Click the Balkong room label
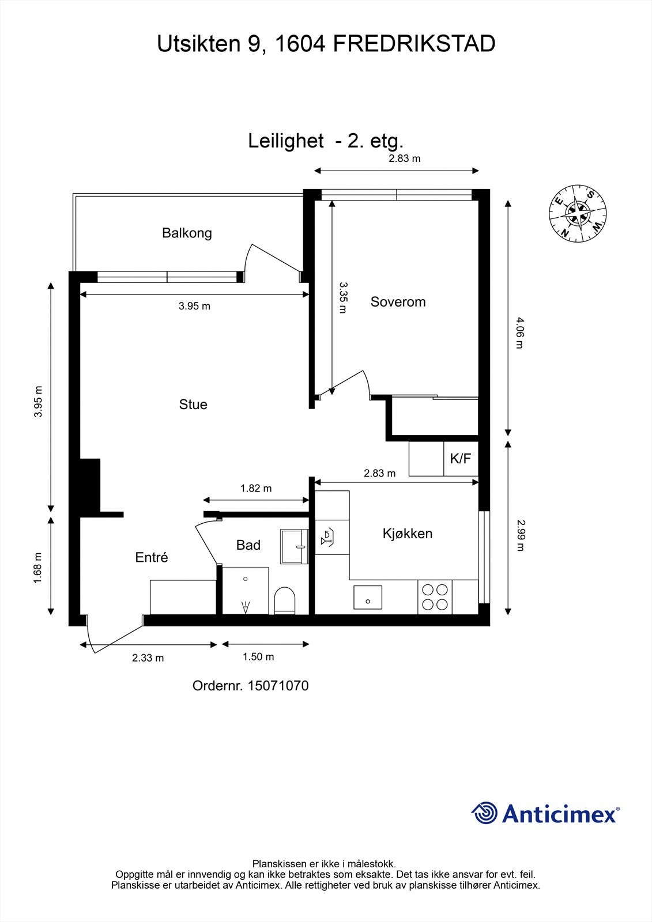[187, 233]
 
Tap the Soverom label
[398, 302]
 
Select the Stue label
[193, 404]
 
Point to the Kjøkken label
[408, 534]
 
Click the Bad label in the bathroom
[248, 545]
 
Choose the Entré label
[152, 557]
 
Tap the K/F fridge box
[461, 459]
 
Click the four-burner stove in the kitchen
[435, 597]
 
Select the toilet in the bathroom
[285, 600]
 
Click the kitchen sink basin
[368, 597]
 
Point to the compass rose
[578, 213]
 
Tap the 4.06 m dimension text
[520, 332]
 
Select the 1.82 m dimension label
[256, 488]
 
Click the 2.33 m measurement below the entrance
[148, 658]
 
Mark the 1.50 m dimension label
[258, 656]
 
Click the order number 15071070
[278, 686]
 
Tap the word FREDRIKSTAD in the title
[414, 44]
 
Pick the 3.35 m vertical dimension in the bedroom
[342, 297]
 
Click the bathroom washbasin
[294, 547]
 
